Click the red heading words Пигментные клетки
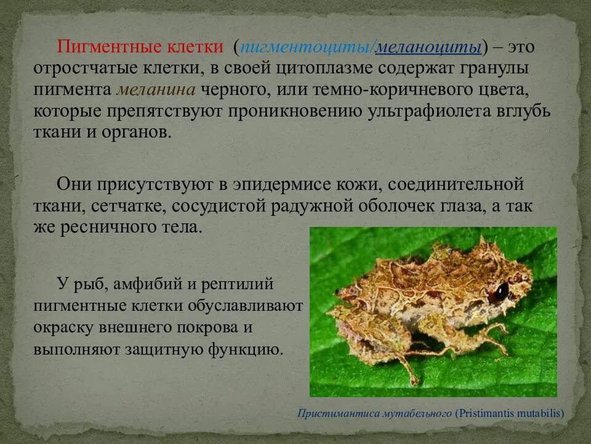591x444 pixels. tap(140, 47)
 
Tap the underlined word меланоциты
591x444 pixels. tap(428, 47)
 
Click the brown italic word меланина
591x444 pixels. tap(155, 90)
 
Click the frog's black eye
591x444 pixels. tap(502, 290)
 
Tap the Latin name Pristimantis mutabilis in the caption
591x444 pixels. tap(509, 413)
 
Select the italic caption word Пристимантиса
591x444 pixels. tap(332, 413)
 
